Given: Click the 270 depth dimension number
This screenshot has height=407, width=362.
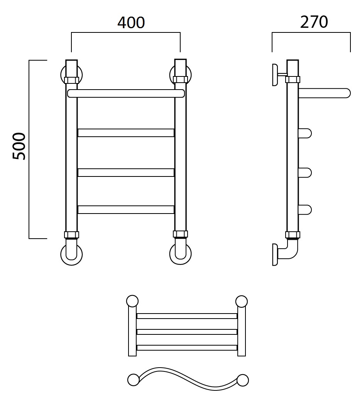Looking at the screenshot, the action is click(x=314, y=22).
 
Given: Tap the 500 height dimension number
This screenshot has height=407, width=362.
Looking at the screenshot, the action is click(x=19, y=146).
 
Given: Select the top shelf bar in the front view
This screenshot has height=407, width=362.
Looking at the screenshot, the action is click(x=126, y=93).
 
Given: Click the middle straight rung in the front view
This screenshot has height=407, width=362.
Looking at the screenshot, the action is click(x=126, y=173).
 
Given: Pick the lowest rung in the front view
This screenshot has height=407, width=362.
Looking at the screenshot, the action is click(x=126, y=210).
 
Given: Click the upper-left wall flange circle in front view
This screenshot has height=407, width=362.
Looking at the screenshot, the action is click(x=62, y=75).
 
